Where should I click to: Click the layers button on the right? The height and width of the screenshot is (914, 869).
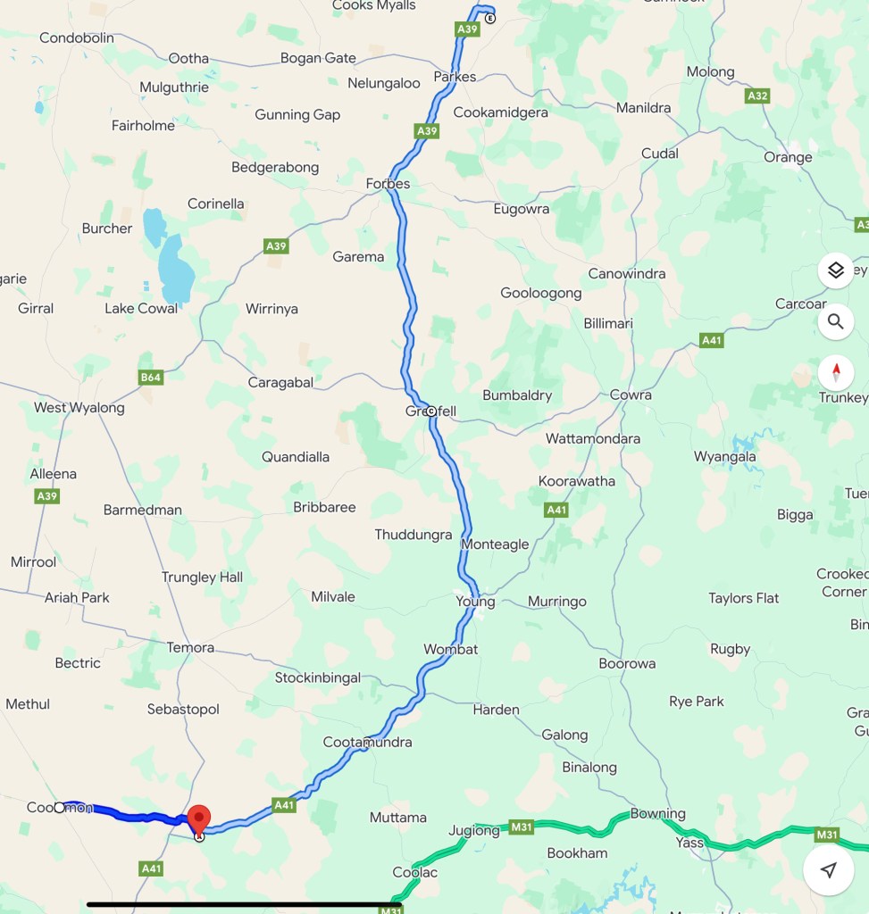coord(835,270)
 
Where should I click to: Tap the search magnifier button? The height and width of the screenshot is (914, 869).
coord(835,321)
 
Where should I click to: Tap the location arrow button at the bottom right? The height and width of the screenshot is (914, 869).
coord(828,870)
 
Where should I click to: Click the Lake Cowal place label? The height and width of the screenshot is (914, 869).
coord(141,309)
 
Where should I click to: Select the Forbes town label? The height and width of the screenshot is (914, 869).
coord(388,184)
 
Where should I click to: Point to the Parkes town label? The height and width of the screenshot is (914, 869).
coord(455,77)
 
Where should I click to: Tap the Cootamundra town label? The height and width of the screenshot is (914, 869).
coord(367,743)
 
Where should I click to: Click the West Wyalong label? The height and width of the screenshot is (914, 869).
coord(79,408)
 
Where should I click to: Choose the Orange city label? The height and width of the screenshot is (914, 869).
coord(788,157)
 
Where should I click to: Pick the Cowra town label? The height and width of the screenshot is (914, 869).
coord(631,395)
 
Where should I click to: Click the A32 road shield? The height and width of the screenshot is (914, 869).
coord(757,96)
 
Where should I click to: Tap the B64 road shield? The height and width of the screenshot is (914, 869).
coord(151,378)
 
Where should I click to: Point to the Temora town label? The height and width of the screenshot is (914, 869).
coord(190,647)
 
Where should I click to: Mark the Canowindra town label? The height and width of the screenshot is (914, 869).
coord(626,274)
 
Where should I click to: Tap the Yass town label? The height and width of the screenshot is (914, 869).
coord(689,843)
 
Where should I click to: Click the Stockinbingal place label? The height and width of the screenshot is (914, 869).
coord(317,677)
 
